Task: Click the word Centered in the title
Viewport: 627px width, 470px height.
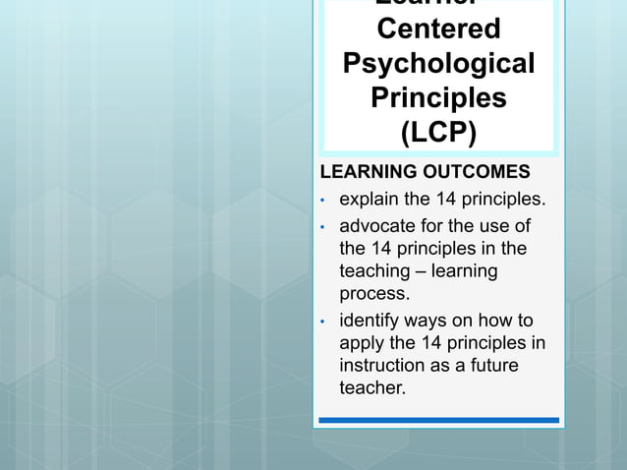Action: [x=438, y=29]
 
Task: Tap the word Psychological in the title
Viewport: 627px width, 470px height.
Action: [x=438, y=63]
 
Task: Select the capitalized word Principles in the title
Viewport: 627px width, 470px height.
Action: [x=438, y=97]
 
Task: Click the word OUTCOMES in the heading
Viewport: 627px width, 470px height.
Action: [x=475, y=173]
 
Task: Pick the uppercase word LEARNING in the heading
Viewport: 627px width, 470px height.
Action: [x=363, y=173]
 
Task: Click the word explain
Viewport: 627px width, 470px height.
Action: [x=369, y=202]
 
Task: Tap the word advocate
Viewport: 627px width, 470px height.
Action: [x=377, y=226]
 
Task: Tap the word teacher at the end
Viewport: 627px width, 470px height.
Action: [x=371, y=388]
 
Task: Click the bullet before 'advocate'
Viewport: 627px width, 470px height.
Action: [x=322, y=227]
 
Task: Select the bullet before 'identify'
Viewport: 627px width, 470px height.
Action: [x=322, y=322]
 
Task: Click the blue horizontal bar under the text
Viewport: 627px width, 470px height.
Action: [x=438, y=420]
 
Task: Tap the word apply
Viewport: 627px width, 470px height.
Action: [x=361, y=343]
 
